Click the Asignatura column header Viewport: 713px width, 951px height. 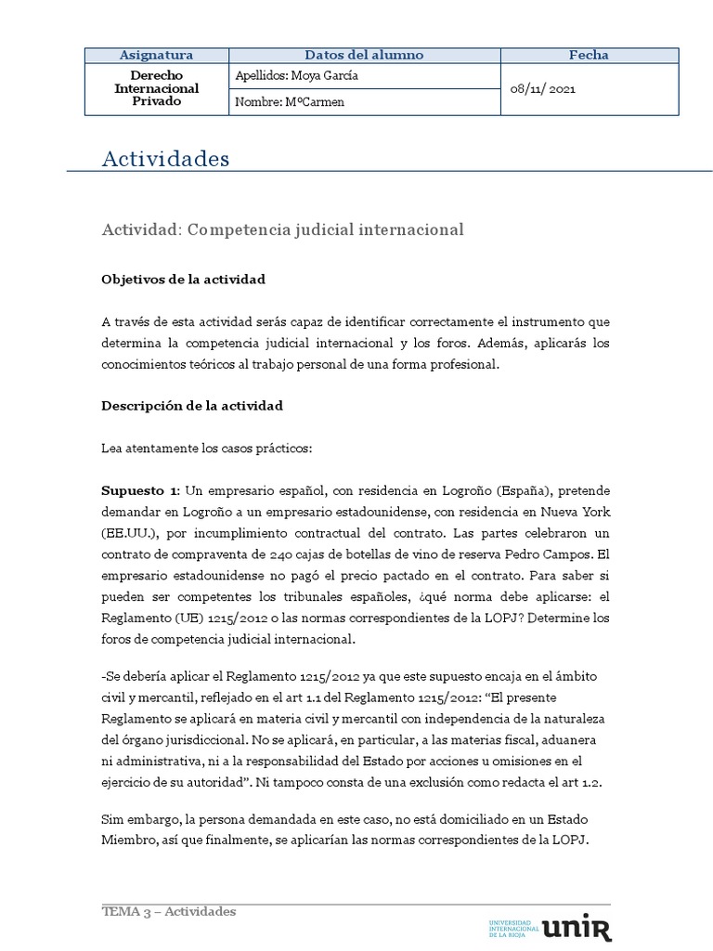click(x=156, y=56)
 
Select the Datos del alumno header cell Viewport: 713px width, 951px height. click(x=364, y=56)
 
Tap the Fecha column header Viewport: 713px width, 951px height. click(x=589, y=56)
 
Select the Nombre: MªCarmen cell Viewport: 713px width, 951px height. click(x=291, y=102)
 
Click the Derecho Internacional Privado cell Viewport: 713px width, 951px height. click(x=156, y=88)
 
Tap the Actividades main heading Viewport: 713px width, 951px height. click(x=165, y=160)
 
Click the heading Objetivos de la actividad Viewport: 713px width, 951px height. click(x=184, y=279)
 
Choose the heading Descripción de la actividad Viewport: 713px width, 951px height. click(x=192, y=406)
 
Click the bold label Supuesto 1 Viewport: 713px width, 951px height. click(x=140, y=489)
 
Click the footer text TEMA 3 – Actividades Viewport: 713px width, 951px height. click(x=169, y=911)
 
